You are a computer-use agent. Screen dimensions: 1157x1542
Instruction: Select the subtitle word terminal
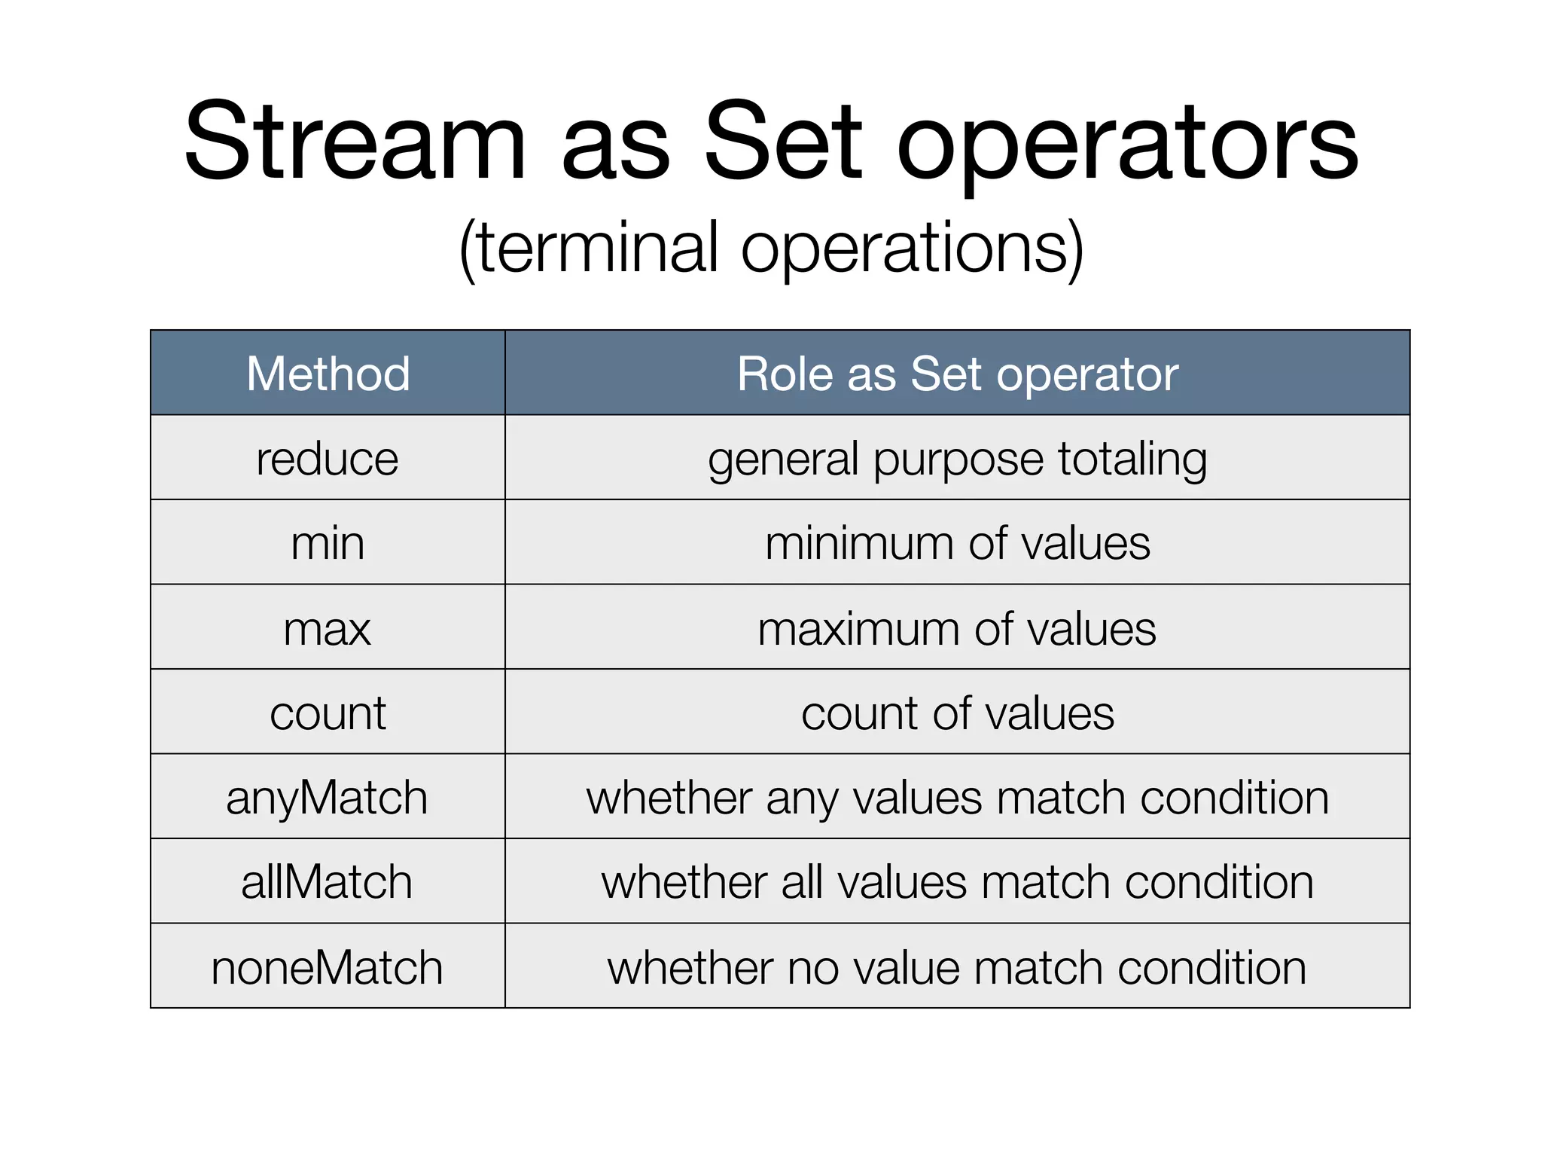[599, 248]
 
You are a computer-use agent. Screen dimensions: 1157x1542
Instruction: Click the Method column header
[328, 374]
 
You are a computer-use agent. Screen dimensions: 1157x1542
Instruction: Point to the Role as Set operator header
[957, 374]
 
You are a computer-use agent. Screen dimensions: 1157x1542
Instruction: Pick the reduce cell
[328, 459]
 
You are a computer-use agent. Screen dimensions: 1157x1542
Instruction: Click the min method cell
[328, 543]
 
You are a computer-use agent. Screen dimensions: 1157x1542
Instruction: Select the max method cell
[328, 628]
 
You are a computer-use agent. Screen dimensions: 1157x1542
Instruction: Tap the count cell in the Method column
[328, 713]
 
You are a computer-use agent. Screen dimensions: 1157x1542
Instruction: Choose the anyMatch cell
[328, 798]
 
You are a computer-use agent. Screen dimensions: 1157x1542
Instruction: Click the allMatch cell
[328, 882]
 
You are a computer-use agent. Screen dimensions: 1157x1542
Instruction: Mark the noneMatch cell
[328, 967]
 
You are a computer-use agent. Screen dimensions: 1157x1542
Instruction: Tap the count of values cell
[957, 713]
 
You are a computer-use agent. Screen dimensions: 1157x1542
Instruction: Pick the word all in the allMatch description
[801, 882]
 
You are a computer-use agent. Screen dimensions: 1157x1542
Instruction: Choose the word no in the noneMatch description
[812, 968]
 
